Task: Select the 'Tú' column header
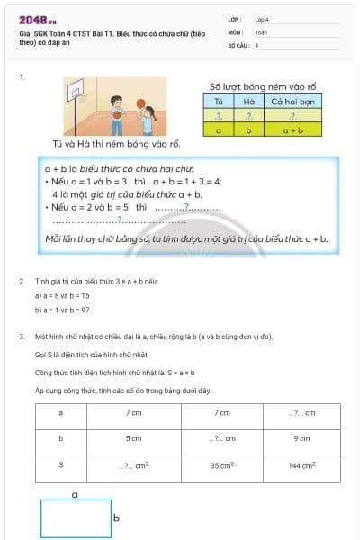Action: (218, 102)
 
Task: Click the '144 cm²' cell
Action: (301, 466)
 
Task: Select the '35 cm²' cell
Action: (221, 466)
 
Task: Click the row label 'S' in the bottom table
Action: (60, 466)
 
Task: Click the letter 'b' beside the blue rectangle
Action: (116, 518)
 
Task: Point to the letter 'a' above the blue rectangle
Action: (75, 494)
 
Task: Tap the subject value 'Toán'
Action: (261, 31)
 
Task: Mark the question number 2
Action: (22, 282)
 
